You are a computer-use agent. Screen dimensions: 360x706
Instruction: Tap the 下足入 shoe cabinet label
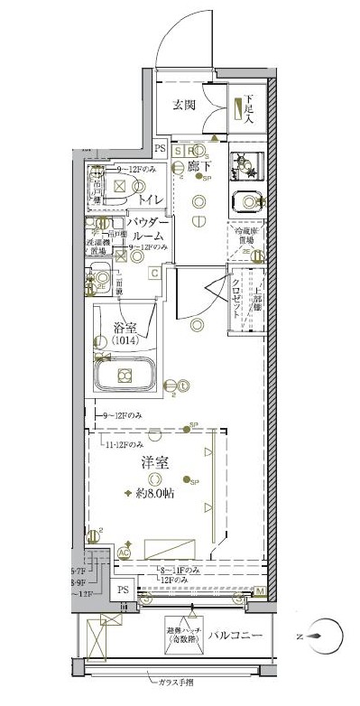click(247, 109)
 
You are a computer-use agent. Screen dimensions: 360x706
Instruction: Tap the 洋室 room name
click(154, 462)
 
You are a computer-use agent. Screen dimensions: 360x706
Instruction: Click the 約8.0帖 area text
click(155, 494)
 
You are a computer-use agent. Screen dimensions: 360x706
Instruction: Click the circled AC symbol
click(125, 553)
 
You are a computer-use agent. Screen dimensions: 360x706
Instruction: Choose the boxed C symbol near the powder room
click(154, 272)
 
